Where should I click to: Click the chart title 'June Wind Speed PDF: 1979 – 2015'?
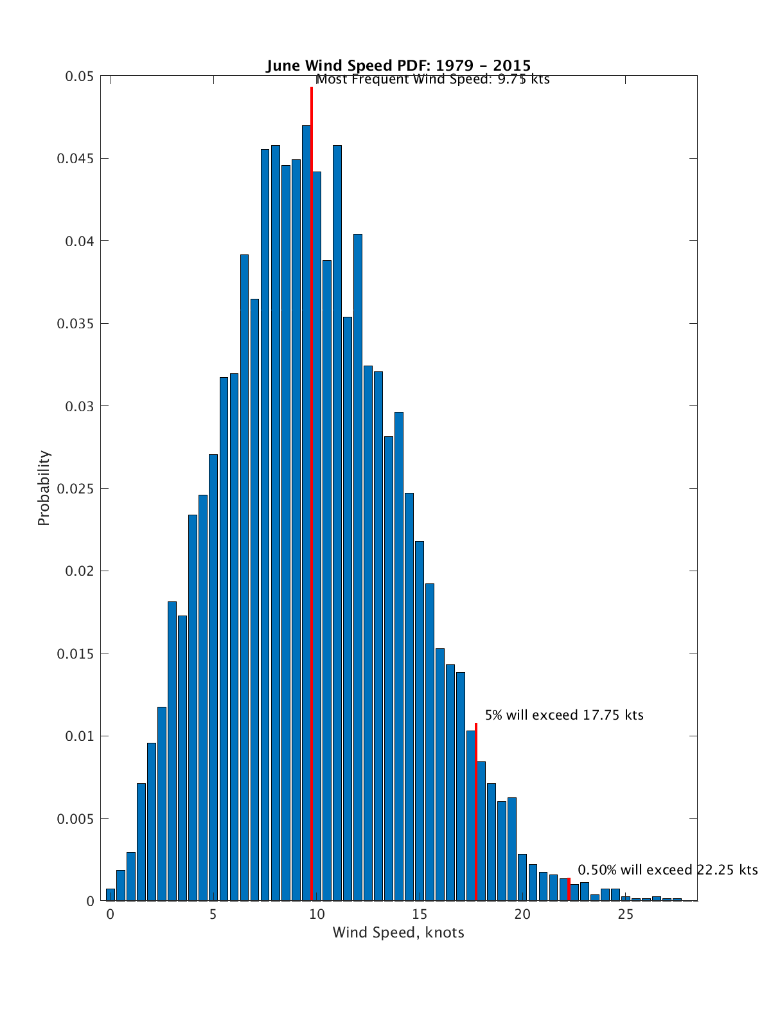398,66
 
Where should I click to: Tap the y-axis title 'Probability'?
44,488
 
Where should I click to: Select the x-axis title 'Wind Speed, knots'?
398,932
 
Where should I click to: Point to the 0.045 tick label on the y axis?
75,159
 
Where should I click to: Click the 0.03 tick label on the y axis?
78,406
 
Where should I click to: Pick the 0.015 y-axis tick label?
75,653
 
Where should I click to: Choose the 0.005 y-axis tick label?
75,819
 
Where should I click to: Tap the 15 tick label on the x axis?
419,914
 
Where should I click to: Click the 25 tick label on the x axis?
625,914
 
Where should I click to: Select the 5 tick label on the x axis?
213,914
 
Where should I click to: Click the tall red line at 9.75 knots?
312,450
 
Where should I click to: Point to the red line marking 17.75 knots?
476,810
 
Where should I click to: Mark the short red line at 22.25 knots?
569,890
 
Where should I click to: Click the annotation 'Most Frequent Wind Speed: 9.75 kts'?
433,80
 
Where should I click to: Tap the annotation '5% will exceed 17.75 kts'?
564,715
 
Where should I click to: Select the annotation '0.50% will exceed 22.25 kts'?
668,870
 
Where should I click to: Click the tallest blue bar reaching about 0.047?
306,514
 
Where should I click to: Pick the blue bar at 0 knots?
111,895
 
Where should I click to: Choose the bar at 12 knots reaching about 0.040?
358,565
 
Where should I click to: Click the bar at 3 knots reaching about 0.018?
172,752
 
